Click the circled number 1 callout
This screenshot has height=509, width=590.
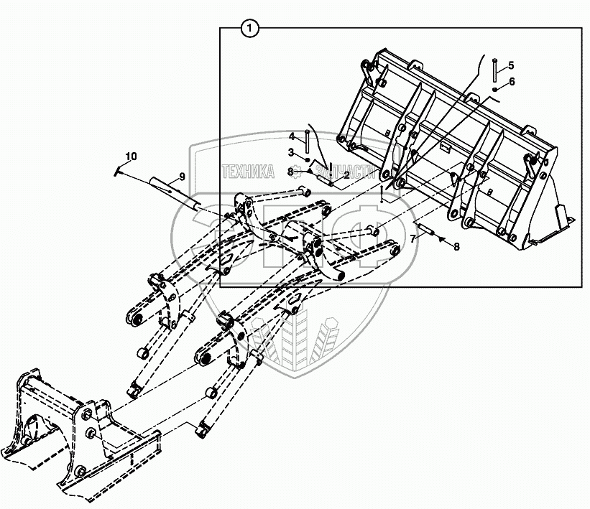tap(249, 29)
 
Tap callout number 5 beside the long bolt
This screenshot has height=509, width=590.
tap(512, 65)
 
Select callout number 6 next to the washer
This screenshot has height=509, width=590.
tap(512, 81)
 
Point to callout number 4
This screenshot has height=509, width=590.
tap(292, 136)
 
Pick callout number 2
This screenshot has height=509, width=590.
tap(346, 174)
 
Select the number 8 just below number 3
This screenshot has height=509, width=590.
tap(290, 172)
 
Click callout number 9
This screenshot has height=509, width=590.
tap(181, 177)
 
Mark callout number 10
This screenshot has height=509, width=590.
tap(130, 156)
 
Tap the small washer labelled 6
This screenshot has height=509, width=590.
tap(495, 89)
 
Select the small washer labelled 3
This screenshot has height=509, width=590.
tap(308, 159)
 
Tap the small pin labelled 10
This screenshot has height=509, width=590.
tap(119, 170)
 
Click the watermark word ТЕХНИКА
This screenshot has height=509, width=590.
tap(248, 171)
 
